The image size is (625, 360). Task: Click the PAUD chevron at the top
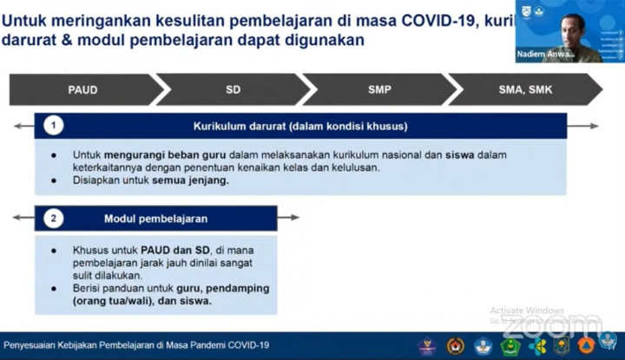pos(82,89)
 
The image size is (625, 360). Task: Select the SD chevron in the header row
pos(233,89)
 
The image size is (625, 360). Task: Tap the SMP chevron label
pos(379,89)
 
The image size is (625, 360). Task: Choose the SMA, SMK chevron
pos(525,89)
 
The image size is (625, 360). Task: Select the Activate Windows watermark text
pos(527,311)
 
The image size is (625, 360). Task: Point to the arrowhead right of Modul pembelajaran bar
pos(295,218)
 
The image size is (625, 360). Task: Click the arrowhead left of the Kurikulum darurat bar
pos(17,126)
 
